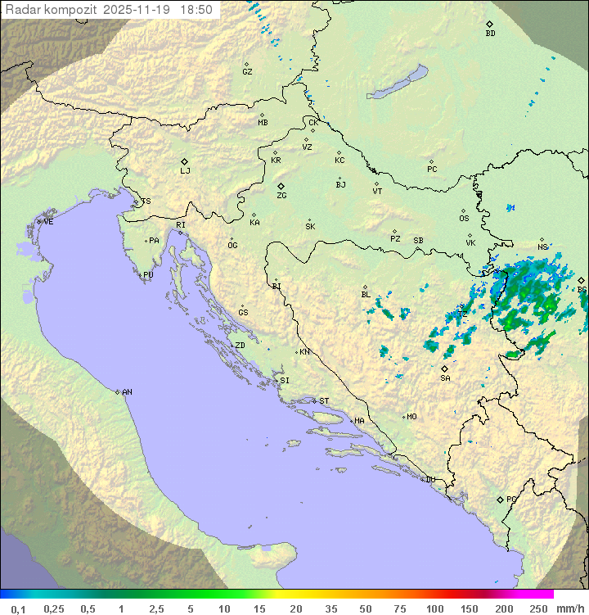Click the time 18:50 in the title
[x=197, y=10]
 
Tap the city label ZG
[x=281, y=196]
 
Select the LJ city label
[x=185, y=170]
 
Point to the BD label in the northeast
[x=490, y=34]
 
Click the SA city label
[x=445, y=378]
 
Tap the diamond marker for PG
[x=501, y=499]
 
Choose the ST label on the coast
[x=324, y=401]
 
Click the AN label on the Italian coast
[x=127, y=392]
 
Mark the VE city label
[x=48, y=222]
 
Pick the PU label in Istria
[x=148, y=275]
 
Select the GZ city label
[x=247, y=72]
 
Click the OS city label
[x=464, y=219]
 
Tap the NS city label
[x=542, y=247]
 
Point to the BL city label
[x=366, y=295]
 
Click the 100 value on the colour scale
[x=434, y=608]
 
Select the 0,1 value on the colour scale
[x=18, y=608]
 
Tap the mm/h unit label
[x=567, y=608]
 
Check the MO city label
[x=411, y=417]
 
